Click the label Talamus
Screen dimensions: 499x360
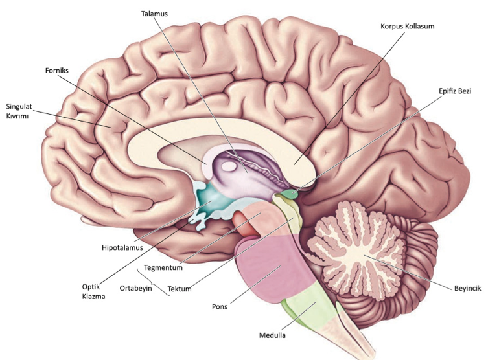(x=154, y=14)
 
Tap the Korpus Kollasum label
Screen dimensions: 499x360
(x=408, y=26)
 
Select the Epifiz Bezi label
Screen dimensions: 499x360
(x=455, y=91)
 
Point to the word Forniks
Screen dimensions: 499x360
(x=56, y=71)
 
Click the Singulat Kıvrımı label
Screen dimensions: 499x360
(x=17, y=111)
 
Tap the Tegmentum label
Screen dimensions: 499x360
(x=163, y=267)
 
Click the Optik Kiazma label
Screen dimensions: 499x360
(x=93, y=291)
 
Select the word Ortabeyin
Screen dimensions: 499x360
(x=135, y=288)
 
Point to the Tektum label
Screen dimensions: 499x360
(x=180, y=289)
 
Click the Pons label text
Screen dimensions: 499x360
(x=220, y=306)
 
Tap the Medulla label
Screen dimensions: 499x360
(x=272, y=335)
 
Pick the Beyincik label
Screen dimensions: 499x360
(x=467, y=288)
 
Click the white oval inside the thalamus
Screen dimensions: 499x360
(x=229, y=166)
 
